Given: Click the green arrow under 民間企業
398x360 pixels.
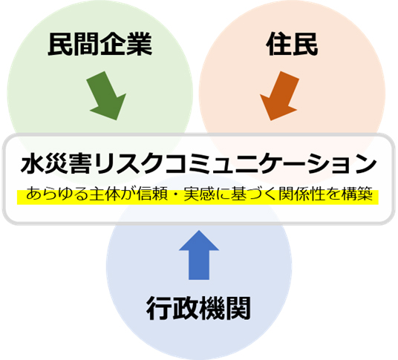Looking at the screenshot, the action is pos(106,96).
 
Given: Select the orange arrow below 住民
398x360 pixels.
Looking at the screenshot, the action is pos(279,96).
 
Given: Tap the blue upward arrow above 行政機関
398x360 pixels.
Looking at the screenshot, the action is pos(199,255).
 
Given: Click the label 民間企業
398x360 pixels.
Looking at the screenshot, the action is pos(100,44).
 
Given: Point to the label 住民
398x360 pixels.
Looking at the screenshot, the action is pos(292,44).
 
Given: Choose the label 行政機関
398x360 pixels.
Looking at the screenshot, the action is pos(198,308).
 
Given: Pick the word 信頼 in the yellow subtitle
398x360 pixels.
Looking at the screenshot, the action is pos(152,194).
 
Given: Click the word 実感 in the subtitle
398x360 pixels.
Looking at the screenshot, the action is pos(199,194).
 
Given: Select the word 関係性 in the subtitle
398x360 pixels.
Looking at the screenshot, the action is pos(301,194).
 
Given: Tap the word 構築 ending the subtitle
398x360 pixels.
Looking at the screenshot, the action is pos(357,194).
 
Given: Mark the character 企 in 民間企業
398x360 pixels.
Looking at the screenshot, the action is pos(113,44).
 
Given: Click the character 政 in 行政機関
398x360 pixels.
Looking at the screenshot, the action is pos(186,308).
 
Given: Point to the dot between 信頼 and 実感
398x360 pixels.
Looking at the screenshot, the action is pos(176,194).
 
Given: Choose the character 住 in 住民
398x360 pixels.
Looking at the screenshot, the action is pos(278,44).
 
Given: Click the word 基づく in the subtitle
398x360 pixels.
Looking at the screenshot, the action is pos(254,194).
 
